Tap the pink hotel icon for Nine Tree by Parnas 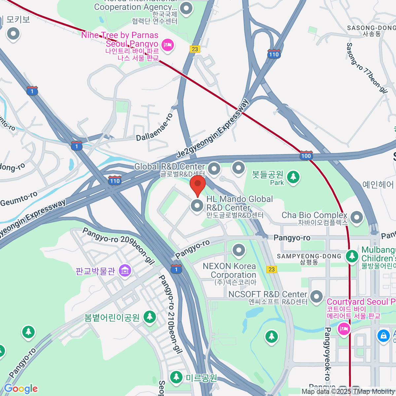168,45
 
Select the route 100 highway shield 306,155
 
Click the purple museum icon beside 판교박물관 125,271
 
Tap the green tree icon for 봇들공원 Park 293,177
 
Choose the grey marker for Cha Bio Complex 356,217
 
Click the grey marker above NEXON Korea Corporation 239,250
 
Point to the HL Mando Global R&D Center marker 197,206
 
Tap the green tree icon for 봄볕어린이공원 149,317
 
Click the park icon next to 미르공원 176,377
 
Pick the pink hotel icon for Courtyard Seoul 344,329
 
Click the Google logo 21,389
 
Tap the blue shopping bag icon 383,336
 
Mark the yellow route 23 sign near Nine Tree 195,49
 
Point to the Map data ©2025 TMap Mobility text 348,392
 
